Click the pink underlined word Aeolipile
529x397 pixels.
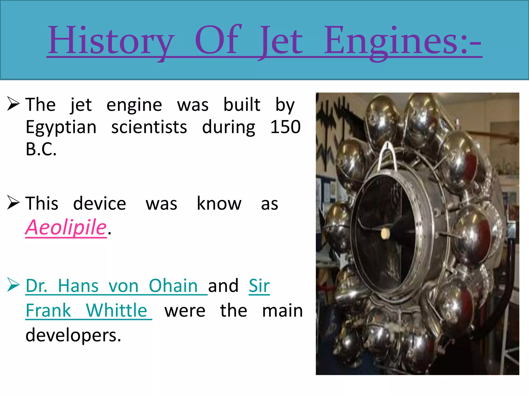[66, 227]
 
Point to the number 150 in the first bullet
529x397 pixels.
[285, 127]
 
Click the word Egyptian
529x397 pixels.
[61, 127]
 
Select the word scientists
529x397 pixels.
[149, 127]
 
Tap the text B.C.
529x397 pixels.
[41, 149]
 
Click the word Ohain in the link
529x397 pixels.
[173, 286]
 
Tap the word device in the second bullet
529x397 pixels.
[99, 203]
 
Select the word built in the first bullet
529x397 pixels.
[242, 105]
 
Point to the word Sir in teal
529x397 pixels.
[259, 286]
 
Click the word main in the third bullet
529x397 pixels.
[282, 310]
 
